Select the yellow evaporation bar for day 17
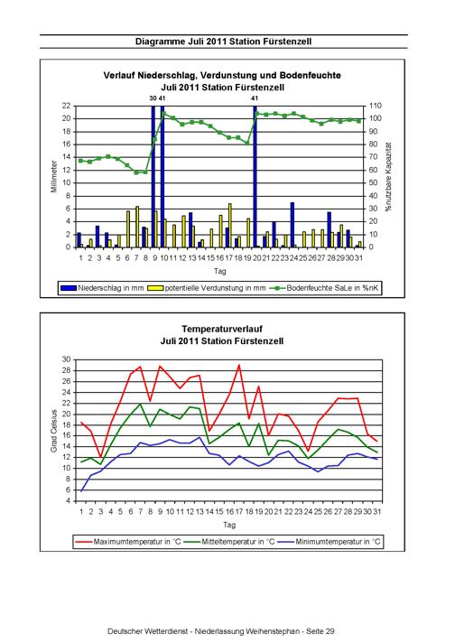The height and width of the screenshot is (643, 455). pos(230,225)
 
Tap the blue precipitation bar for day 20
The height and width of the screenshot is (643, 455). pos(255,176)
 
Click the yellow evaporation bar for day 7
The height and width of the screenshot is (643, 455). pos(137,227)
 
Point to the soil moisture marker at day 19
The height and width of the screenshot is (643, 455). pos(247,143)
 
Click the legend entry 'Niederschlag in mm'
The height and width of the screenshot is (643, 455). pos(102,288)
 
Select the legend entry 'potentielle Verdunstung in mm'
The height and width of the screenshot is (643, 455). pos(207,288)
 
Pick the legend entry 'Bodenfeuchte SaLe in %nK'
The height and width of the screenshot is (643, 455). pos(324,288)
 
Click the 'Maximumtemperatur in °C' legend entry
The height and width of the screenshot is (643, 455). pos(128,542)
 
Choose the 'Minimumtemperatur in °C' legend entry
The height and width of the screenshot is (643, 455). pos(329,542)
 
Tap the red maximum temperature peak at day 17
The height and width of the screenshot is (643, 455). pos(239,365)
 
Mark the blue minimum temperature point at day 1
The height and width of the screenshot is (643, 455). pos(81,491)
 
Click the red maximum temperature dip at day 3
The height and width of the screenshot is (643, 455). pos(100,458)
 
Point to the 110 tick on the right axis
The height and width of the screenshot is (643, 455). pos(376,106)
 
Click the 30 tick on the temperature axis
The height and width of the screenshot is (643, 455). pos(67,359)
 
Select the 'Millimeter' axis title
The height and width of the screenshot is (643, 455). pos(54,176)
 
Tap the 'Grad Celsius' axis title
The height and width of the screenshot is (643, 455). pos(54,431)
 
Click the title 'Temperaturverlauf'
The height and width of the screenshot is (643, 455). pos(222,329)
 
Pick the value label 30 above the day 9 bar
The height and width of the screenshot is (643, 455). pos(153,98)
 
